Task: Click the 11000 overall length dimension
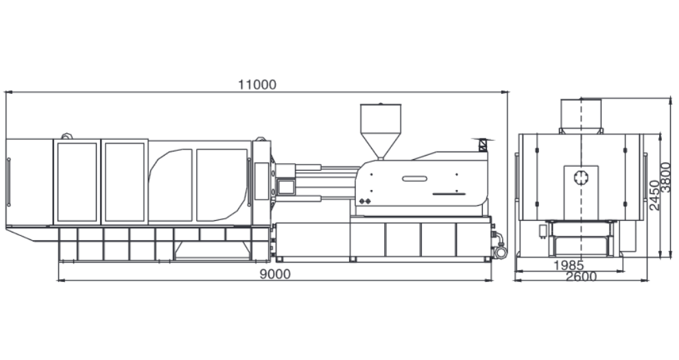pos(257,84)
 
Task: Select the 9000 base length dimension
pos(276,274)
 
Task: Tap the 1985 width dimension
pos(569,265)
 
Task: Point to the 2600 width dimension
pos(581,276)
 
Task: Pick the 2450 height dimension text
pos(654,195)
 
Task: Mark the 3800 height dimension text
pos(665,177)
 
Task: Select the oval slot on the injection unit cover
pos(414,179)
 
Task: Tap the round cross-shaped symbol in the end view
pos(581,178)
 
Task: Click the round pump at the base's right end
pos(501,252)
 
